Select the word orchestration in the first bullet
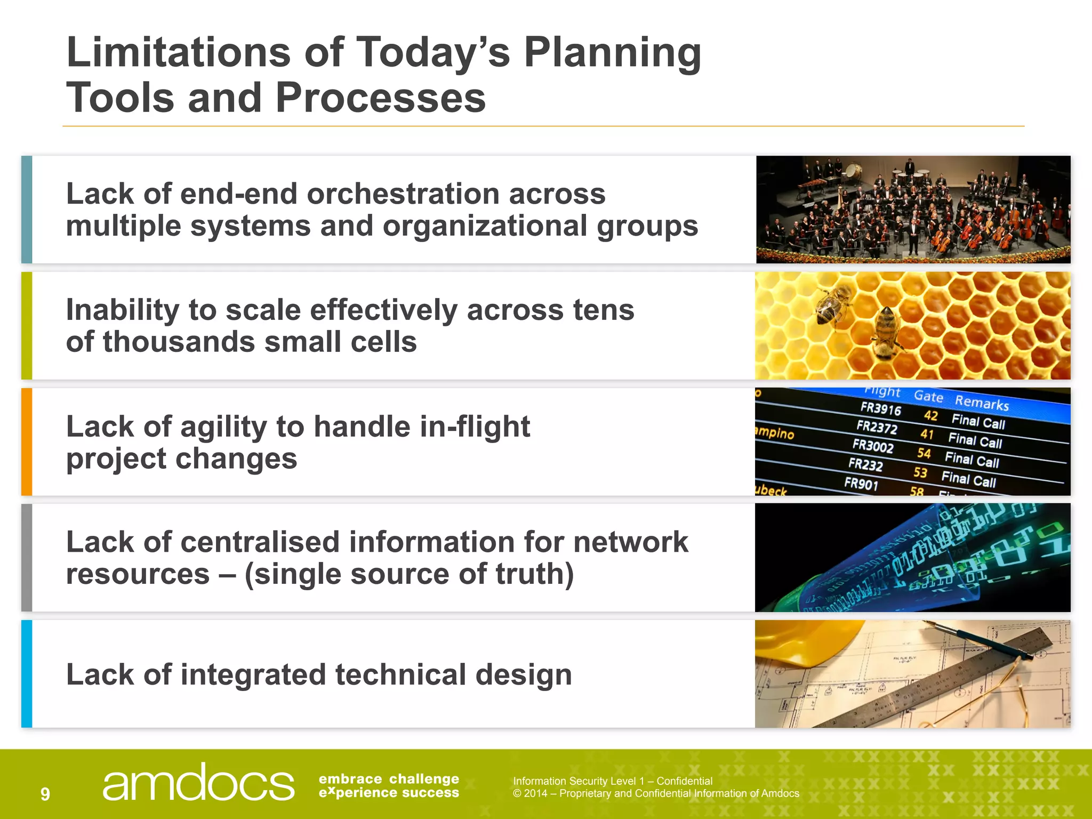[403, 194]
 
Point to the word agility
[223, 427]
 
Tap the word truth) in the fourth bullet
[535, 574]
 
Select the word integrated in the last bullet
[253, 675]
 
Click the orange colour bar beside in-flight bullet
[27, 442]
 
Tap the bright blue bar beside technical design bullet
[27, 674]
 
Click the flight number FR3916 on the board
[880, 409]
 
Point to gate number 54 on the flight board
[924, 453]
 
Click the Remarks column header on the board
[982, 403]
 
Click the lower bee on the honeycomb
[886, 333]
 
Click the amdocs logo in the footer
[198, 783]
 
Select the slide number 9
[45, 794]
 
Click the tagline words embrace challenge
[389, 779]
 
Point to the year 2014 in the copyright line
[536, 793]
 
